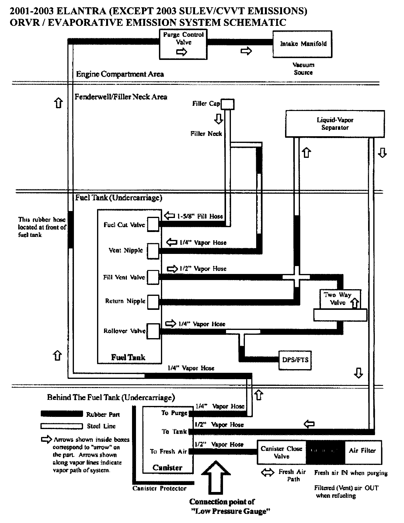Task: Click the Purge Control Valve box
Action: pos(183,44)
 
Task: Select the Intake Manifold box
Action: pos(302,44)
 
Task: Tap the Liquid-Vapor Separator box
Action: pos(335,124)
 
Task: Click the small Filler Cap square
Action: pos(227,104)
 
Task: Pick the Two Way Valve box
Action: pos(340,299)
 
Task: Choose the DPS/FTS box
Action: pos(295,360)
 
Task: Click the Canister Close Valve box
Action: pos(281,452)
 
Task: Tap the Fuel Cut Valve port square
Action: pos(153,224)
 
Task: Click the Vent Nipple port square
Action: pos(153,251)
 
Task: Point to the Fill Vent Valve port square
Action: pos(153,277)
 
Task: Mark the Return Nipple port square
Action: pos(153,302)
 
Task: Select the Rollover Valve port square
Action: pos(153,331)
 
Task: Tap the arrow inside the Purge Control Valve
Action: pos(182,52)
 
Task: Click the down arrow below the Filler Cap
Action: pos(218,119)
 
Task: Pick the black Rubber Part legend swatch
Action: pos(62,414)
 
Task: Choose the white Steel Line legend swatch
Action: pos(62,426)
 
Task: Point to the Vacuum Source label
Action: pos(303,69)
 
